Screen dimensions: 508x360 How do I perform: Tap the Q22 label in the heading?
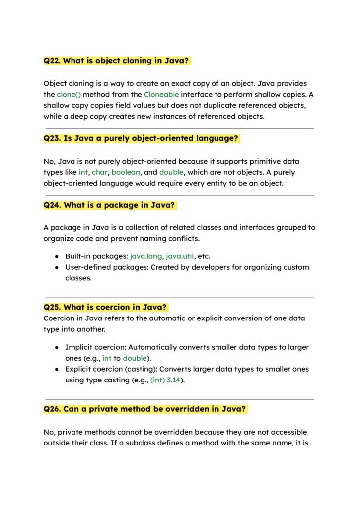click(52, 61)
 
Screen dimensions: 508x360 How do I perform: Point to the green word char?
click(99, 172)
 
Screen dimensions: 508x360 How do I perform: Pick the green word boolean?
click(126, 172)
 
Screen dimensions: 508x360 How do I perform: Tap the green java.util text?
click(180, 256)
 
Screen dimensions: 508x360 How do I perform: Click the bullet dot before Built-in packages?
click(57, 257)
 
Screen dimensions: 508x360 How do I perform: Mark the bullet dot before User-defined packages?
click(57, 268)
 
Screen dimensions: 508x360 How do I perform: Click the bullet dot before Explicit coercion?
click(57, 370)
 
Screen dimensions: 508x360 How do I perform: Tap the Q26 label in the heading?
click(52, 409)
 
